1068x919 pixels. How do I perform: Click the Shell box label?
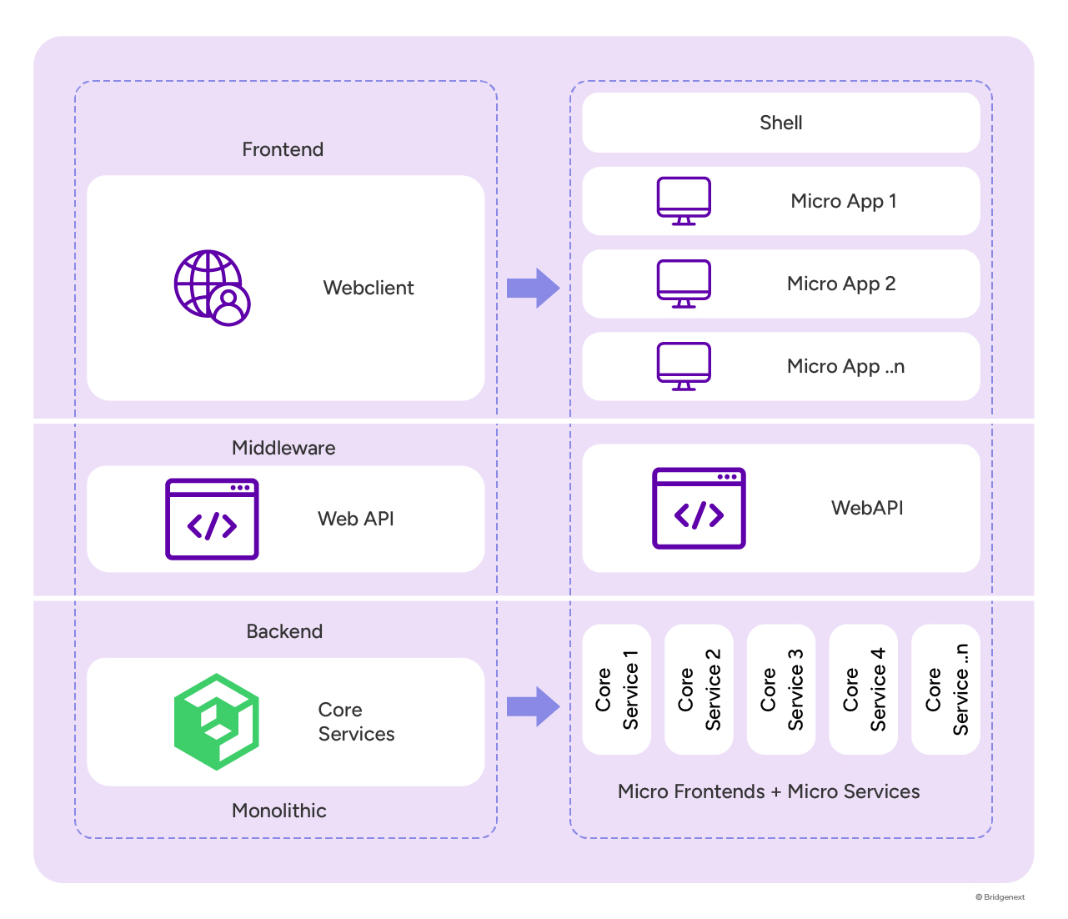pos(780,123)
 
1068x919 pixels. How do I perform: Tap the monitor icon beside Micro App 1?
pos(684,201)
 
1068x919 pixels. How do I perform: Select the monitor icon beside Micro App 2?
pos(684,284)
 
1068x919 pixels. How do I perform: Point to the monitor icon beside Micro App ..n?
pos(684,366)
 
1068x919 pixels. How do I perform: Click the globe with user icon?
pos(212,288)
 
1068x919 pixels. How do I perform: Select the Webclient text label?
pos(368,288)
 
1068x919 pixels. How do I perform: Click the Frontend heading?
pos(283,149)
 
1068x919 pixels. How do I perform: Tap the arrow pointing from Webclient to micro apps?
pos(533,288)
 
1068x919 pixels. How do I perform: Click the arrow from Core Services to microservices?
pos(533,706)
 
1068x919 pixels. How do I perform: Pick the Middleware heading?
pos(283,448)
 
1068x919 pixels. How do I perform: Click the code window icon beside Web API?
pos(212,519)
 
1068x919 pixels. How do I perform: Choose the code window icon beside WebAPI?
pos(699,508)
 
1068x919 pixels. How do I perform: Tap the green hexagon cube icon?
pos(217,721)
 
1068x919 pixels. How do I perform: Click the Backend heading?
pos(284,631)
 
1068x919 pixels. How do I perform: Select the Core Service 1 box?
pos(616,689)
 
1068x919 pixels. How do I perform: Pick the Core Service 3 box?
pos(781,689)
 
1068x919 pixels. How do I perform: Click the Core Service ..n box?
pos(945,689)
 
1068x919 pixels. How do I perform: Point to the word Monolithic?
pos(278,811)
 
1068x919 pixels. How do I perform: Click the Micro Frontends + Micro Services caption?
pos(769,791)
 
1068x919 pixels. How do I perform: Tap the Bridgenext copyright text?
pos(1000,897)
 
